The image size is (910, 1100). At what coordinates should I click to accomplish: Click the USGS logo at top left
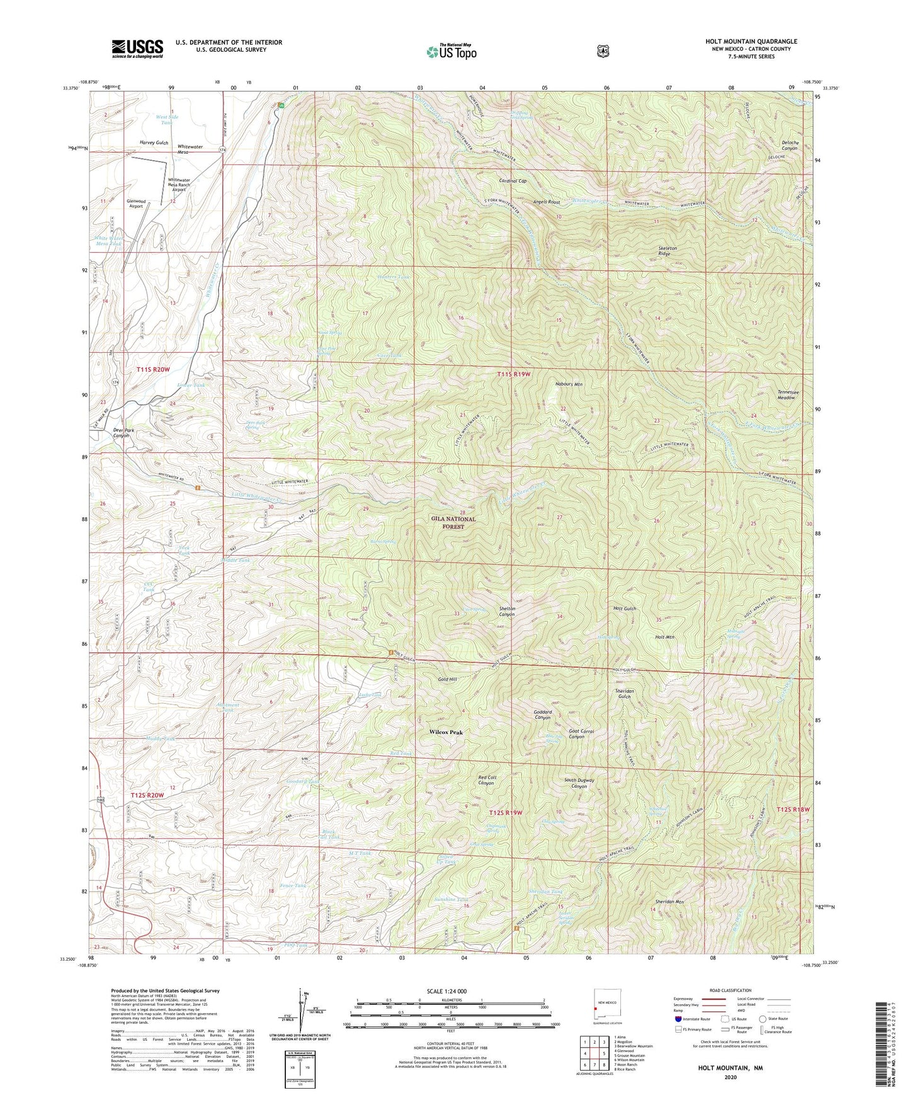pyautogui.click(x=137, y=48)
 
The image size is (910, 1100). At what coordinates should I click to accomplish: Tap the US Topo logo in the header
pyautogui.click(x=450, y=52)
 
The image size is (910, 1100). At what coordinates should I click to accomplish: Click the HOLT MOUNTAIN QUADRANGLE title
pyautogui.click(x=751, y=42)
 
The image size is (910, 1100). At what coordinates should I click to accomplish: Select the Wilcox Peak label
pyautogui.click(x=446, y=733)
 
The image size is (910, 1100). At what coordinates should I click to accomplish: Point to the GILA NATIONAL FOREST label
pyautogui.click(x=453, y=523)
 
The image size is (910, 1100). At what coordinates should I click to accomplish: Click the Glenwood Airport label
pyautogui.click(x=136, y=203)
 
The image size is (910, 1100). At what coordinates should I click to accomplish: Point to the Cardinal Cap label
pyautogui.click(x=512, y=181)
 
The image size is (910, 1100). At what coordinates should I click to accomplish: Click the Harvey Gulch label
pyautogui.click(x=154, y=144)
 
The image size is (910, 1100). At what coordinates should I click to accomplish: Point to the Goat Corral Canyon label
pyautogui.click(x=581, y=734)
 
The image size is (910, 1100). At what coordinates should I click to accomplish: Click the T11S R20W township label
pyautogui.click(x=152, y=369)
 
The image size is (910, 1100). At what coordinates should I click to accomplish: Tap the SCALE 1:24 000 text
pyautogui.click(x=448, y=991)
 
